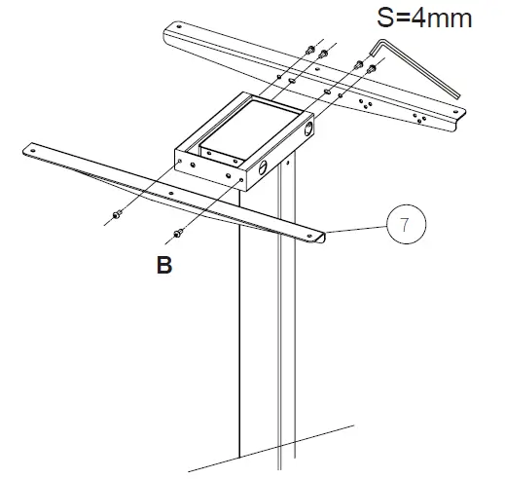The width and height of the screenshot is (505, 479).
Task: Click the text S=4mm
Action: pyautogui.click(x=410, y=18)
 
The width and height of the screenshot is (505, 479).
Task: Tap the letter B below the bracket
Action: pyautogui.click(x=164, y=266)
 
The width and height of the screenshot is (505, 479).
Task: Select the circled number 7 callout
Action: pyautogui.click(x=403, y=223)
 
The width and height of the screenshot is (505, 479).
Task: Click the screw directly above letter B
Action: pyautogui.click(x=178, y=232)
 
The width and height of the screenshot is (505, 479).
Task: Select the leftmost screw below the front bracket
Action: pyautogui.click(x=117, y=215)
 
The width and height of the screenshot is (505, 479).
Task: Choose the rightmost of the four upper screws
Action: pyautogui.click(x=371, y=69)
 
